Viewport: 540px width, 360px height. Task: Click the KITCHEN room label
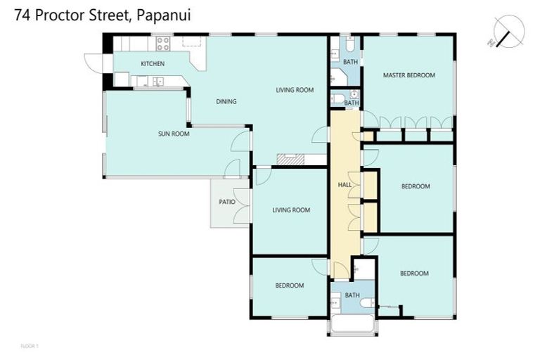[x=153, y=64]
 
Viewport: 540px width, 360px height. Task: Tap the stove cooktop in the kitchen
[x=163, y=44]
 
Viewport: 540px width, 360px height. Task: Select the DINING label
[x=226, y=101]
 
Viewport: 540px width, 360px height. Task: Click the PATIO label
[x=226, y=202]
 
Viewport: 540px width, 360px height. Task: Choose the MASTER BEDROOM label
[x=409, y=75]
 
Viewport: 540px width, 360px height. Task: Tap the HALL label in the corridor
[x=345, y=185]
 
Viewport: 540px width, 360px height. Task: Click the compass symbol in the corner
[x=508, y=32]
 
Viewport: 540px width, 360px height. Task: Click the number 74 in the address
[x=22, y=14]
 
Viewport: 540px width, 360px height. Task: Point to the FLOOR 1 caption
[x=30, y=347]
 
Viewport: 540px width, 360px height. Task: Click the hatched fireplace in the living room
[x=290, y=160]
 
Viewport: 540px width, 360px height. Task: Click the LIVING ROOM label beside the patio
[x=291, y=210]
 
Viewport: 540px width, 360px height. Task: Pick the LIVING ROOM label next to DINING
[x=294, y=90]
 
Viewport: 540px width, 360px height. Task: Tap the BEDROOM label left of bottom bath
[x=289, y=285]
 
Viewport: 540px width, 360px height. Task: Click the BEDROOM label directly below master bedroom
[x=415, y=186]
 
